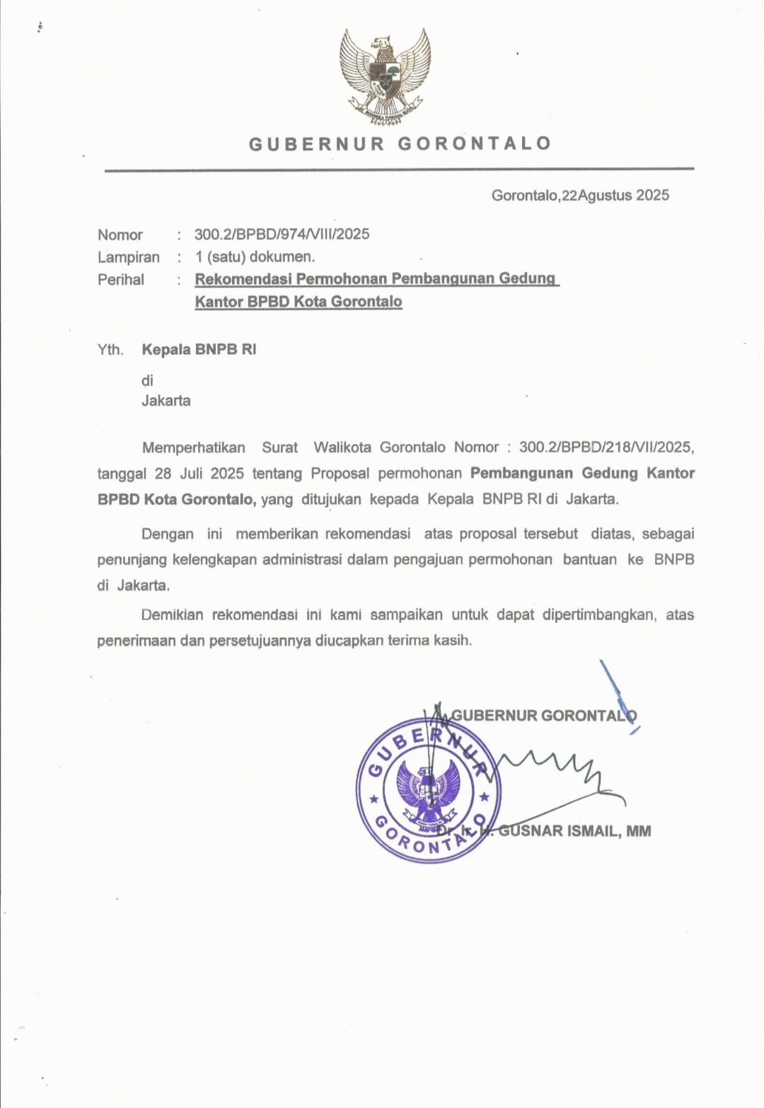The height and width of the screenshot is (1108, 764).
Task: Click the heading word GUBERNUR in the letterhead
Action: click(316, 144)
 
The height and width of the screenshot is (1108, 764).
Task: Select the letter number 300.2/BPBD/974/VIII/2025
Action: click(282, 234)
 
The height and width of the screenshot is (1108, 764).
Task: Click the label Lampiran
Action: click(129, 257)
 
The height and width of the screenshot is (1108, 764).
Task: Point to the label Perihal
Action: click(121, 280)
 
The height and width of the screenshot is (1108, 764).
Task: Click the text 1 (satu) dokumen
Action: click(255, 257)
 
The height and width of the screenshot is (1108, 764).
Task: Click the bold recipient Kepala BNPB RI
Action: click(199, 349)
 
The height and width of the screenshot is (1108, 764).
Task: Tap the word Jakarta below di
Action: click(166, 401)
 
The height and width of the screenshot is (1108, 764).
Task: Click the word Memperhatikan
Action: click(194, 447)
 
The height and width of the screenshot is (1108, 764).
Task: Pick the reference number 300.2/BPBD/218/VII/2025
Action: click(606, 447)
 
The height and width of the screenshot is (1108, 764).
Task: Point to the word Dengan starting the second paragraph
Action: click(168, 534)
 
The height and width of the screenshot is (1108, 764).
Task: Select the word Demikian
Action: click(172, 615)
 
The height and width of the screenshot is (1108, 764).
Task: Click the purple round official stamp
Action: click(428, 790)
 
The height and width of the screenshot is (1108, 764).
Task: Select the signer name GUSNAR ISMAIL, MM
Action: click(574, 831)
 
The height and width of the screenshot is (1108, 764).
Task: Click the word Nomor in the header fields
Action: click(120, 235)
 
